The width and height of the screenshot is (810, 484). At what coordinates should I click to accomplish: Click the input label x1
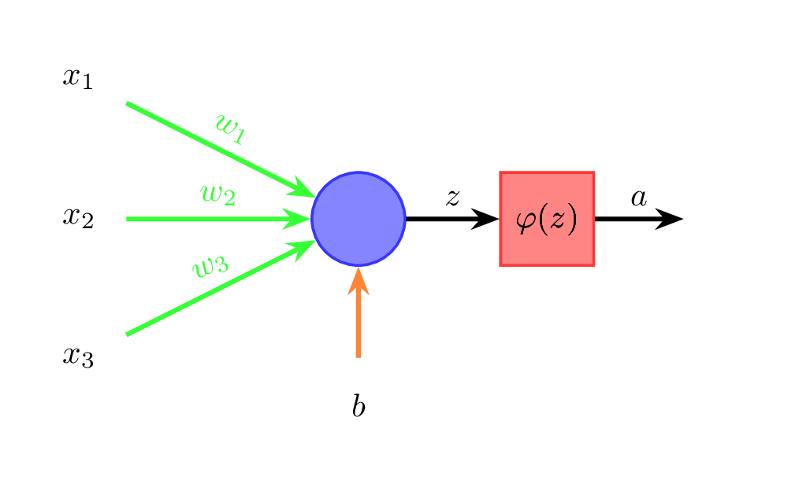[78, 78]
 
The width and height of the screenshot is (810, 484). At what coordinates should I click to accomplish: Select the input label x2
[78, 217]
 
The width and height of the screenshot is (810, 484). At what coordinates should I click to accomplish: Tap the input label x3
[78, 357]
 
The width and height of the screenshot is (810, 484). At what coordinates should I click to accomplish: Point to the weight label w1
[230, 129]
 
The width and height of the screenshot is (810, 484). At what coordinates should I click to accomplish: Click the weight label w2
[217, 194]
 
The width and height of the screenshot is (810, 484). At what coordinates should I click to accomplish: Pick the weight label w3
[211, 266]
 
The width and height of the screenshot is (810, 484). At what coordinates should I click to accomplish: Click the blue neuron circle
[359, 219]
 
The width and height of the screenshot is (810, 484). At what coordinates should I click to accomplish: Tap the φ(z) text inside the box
[547, 220]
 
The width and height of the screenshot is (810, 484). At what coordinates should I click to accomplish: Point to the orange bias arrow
[359, 323]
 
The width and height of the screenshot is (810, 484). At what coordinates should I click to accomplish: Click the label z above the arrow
[452, 197]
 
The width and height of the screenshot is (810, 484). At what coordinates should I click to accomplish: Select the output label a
[638, 197]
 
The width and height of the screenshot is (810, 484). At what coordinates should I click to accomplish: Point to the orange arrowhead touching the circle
[359, 280]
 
